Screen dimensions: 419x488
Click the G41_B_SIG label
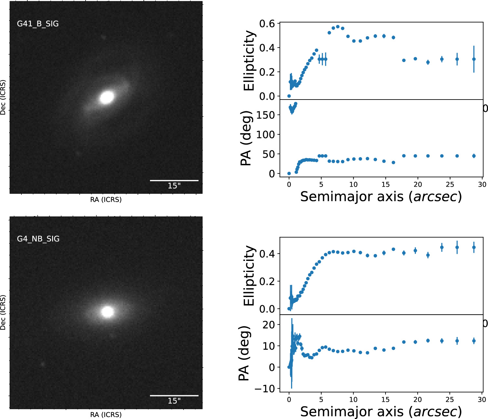[38, 24]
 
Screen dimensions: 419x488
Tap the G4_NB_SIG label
[38, 239]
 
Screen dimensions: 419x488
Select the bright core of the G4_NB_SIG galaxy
[107, 312]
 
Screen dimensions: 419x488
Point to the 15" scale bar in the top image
[174, 180]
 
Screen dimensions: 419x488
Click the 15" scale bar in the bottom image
[174, 396]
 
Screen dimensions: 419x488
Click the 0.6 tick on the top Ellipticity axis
[267, 24]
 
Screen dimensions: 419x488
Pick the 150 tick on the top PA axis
[265, 115]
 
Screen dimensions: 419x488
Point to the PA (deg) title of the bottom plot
[245, 353]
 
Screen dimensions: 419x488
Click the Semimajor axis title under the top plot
[381, 196]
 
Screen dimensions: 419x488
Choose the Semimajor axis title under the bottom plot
[381, 412]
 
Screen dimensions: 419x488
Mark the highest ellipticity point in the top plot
[338, 27]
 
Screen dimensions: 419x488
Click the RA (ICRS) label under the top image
[106, 199]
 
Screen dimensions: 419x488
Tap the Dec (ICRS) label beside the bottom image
[3, 312]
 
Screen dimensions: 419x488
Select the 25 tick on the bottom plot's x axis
[450, 399]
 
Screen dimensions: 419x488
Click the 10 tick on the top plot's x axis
[353, 184]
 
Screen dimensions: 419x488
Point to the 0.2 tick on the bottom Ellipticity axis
[267, 281]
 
